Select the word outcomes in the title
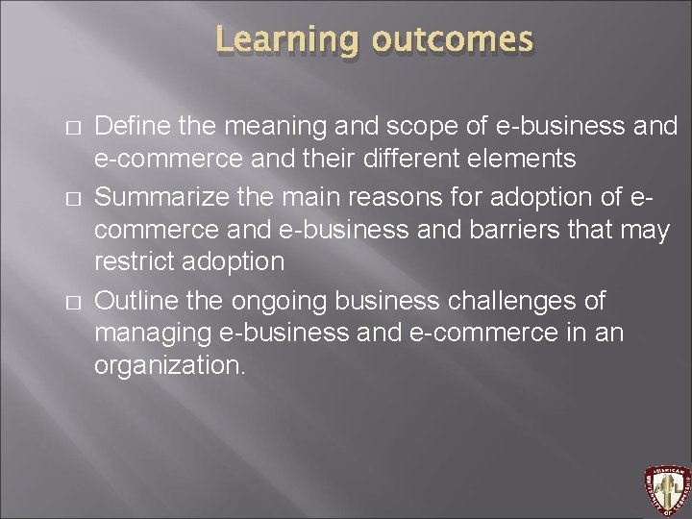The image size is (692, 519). click(451, 40)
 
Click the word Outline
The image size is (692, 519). click(130, 301)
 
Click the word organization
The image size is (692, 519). click(169, 366)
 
